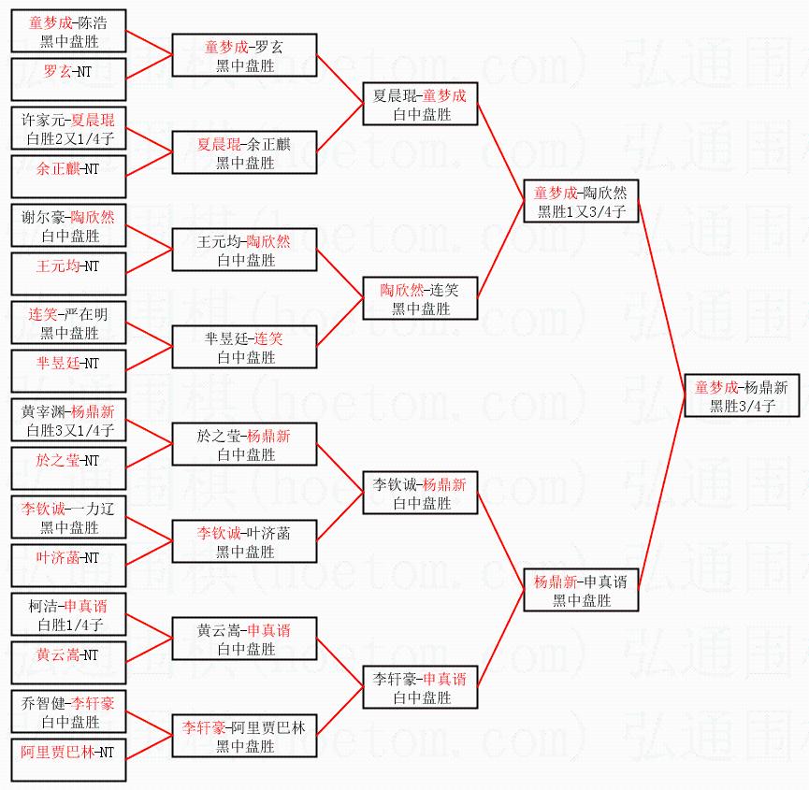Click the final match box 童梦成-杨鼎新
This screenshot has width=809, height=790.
click(741, 395)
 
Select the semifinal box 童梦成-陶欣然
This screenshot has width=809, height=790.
click(580, 202)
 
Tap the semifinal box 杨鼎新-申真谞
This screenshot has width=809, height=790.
click(580, 590)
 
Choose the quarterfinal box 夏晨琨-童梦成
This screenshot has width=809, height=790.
click(420, 105)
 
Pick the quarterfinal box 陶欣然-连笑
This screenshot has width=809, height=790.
click(420, 298)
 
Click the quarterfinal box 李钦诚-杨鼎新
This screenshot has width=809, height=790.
click(420, 493)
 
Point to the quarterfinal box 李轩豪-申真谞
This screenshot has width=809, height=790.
click(420, 687)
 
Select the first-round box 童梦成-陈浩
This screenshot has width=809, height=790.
click(69, 32)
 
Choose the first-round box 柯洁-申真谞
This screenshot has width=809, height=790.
click(69, 614)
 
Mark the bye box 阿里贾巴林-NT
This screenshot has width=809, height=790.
click(69, 760)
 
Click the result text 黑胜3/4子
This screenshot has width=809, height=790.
click(741, 406)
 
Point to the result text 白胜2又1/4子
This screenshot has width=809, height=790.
click(69, 139)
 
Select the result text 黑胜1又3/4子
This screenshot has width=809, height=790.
click(580, 212)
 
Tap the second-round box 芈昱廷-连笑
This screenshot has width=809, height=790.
click(244, 347)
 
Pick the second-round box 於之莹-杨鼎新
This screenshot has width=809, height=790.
click(244, 444)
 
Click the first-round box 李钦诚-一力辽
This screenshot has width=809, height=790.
click(69, 517)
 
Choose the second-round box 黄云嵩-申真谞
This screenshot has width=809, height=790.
click(244, 639)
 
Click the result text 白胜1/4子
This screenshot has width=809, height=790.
click(69, 625)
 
